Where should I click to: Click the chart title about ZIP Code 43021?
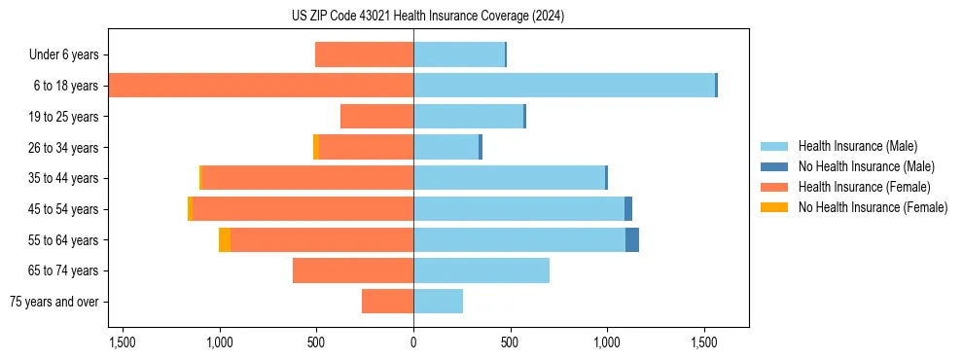[427, 16]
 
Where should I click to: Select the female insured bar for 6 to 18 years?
[261, 86]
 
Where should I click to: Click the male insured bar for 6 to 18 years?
[564, 86]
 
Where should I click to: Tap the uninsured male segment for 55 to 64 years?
[632, 239]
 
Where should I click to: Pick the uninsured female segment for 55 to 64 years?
[225, 239]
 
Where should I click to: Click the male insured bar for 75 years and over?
[438, 302]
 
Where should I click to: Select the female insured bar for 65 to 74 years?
[353, 270]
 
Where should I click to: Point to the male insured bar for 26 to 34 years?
[446, 147]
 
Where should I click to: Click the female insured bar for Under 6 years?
[364, 54]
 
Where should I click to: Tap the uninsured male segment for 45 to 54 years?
[628, 208]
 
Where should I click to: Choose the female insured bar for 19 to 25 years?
[376, 117]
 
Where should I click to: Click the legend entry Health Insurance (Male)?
[857, 146]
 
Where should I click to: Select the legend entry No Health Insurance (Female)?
[873, 207]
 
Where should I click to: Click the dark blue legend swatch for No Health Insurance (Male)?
[774, 166]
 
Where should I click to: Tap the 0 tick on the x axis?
[413, 342]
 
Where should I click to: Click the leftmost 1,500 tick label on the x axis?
[123, 342]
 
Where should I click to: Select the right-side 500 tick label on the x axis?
[510, 342]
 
